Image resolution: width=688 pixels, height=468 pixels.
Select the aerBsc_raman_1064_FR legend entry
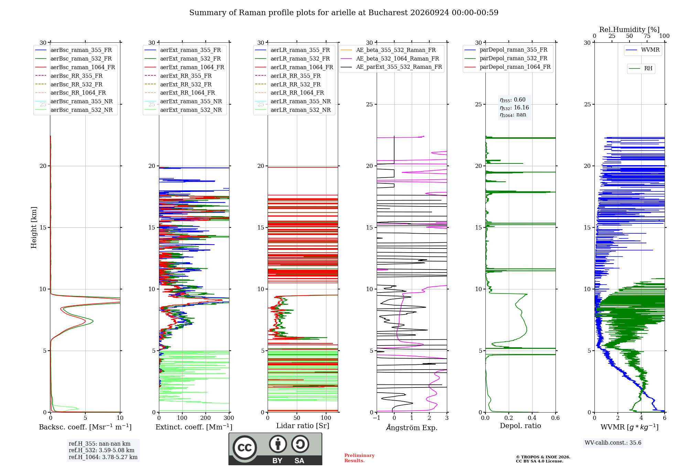(75, 67)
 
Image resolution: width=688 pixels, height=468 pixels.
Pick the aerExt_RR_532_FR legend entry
(178, 84)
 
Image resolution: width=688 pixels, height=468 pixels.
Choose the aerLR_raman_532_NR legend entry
(293, 110)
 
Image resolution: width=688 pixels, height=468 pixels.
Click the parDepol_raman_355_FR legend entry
(506, 50)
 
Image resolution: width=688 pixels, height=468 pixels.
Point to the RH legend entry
(641, 68)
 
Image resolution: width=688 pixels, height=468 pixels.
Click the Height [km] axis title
(34, 227)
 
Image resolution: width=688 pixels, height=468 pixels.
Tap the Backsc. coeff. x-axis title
(85, 427)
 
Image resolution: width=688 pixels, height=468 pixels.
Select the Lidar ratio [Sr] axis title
(303, 426)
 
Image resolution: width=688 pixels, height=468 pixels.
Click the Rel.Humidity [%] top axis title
(630, 30)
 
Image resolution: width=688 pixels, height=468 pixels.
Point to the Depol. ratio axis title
(520, 426)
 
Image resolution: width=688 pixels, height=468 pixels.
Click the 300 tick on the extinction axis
(229, 418)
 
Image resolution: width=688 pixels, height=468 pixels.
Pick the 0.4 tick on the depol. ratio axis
(532, 418)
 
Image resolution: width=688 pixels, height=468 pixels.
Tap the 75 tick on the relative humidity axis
(647, 36)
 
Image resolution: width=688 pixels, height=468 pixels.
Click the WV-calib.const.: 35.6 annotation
(613, 443)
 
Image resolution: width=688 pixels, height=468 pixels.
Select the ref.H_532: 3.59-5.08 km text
(101, 450)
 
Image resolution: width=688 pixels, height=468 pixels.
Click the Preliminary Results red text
(359, 458)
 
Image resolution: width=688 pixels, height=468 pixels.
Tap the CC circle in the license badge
(245, 448)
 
